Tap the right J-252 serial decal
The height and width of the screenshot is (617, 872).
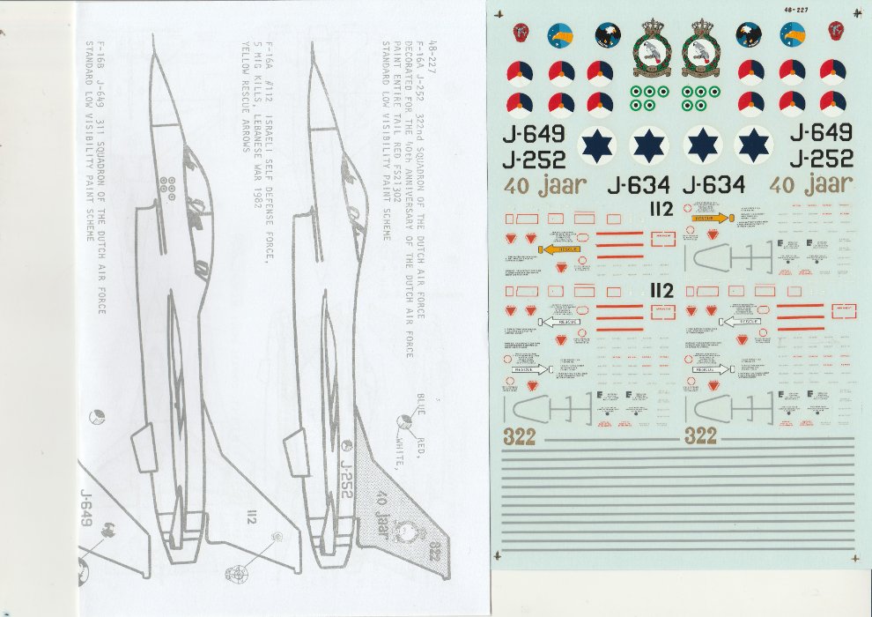(x=821, y=159)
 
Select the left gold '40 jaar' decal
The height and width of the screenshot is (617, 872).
(x=537, y=185)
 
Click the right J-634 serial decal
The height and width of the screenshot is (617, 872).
(x=713, y=185)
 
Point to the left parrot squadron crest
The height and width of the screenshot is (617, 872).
(x=654, y=50)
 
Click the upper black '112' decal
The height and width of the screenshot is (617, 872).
(x=660, y=209)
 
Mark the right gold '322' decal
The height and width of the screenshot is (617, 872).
(x=700, y=435)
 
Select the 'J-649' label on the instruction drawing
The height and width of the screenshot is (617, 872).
(x=86, y=508)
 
